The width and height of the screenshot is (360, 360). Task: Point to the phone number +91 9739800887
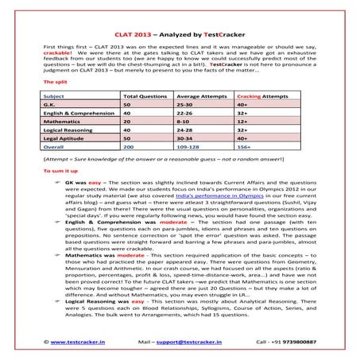299,340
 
